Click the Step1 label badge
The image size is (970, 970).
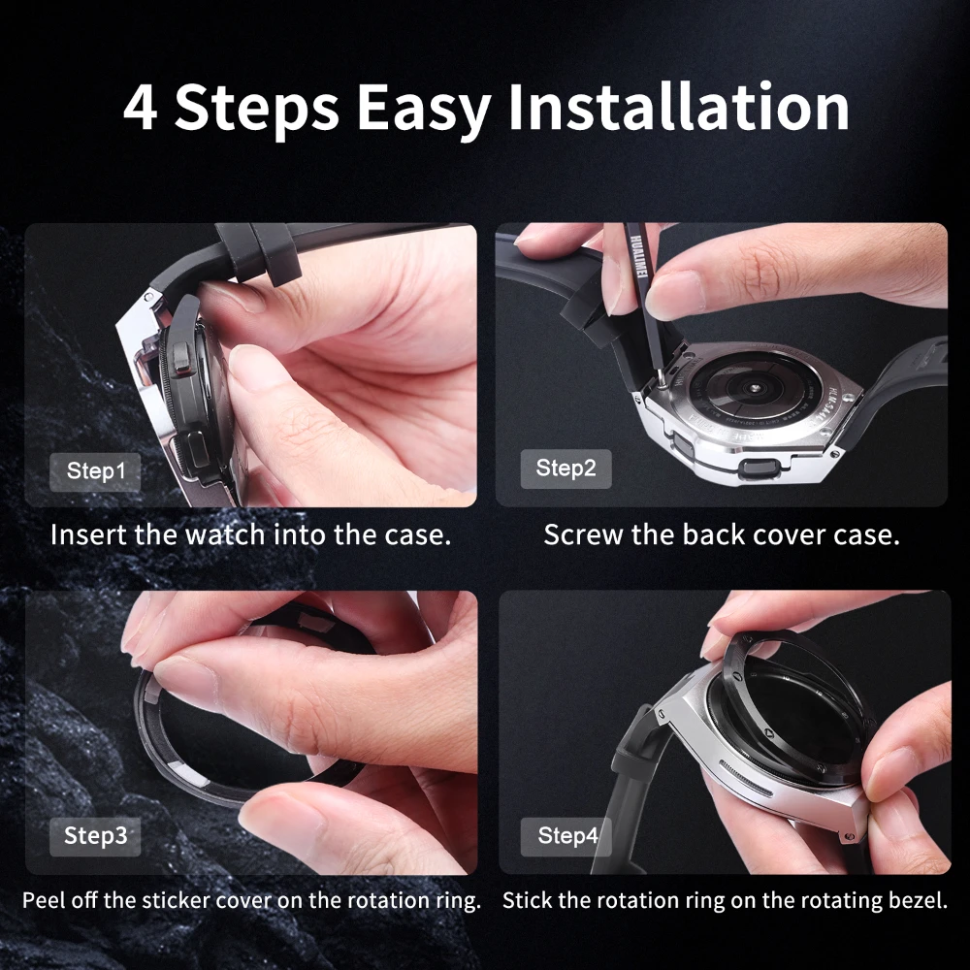click(x=96, y=472)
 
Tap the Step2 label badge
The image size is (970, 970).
click(x=566, y=469)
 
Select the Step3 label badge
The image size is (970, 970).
click(x=95, y=835)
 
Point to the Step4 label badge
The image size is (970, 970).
click(x=566, y=835)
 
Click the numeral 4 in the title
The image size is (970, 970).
click(x=141, y=108)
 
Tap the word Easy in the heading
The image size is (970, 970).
click(x=423, y=110)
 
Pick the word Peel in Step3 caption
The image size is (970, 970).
click(x=42, y=900)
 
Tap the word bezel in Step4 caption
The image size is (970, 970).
click(x=920, y=900)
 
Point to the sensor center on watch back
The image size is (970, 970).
click(x=752, y=386)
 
